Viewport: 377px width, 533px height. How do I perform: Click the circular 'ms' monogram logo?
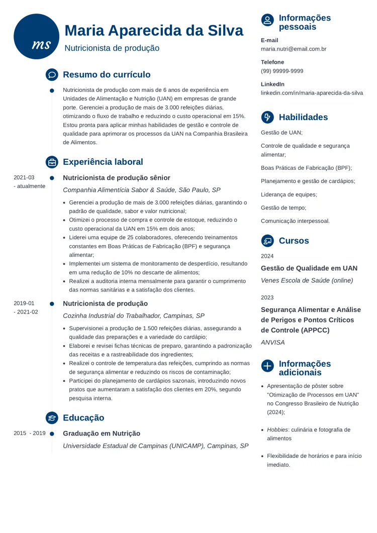pyautogui.click(x=37, y=37)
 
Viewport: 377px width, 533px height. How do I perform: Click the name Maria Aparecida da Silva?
pyautogui.click(x=154, y=31)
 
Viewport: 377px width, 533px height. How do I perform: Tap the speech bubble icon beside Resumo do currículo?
pyautogui.click(x=52, y=75)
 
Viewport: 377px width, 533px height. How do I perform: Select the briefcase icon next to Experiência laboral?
pyautogui.click(x=52, y=162)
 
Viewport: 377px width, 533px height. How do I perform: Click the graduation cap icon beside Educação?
pyautogui.click(x=52, y=418)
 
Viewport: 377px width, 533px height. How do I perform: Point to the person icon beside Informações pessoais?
pyautogui.click(x=267, y=20)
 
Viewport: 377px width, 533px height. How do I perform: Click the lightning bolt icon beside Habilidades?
pyautogui.click(x=267, y=117)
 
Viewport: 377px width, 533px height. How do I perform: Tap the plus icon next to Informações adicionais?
pyautogui.click(x=267, y=366)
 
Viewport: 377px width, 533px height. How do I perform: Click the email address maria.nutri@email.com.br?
pyautogui.click(x=294, y=49)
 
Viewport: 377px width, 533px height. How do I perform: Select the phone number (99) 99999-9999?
pyautogui.click(x=282, y=71)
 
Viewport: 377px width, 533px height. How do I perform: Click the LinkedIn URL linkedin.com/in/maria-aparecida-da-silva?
pyautogui.click(x=312, y=93)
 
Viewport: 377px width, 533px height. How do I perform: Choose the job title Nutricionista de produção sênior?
pyautogui.click(x=116, y=178)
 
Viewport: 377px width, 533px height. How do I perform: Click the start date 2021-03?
pyautogui.click(x=24, y=177)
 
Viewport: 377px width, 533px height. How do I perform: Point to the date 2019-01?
pyautogui.click(x=24, y=303)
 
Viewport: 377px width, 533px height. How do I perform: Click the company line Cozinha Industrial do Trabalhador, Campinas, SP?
pyautogui.click(x=133, y=316)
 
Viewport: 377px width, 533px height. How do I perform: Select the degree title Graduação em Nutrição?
pyautogui.click(x=102, y=434)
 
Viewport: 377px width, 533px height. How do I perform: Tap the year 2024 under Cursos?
pyautogui.click(x=267, y=256)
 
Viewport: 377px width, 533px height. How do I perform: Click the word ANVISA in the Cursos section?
pyautogui.click(x=272, y=343)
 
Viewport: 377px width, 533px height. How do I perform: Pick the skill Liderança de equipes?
pyautogui.click(x=289, y=194)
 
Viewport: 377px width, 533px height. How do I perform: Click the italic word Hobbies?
pyautogui.click(x=277, y=430)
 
